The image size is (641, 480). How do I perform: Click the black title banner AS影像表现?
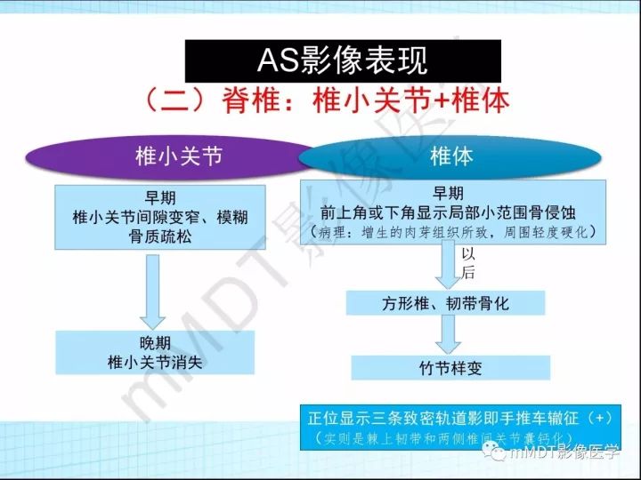click(x=343, y=60)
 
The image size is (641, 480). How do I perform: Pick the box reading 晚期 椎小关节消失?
click(x=155, y=352)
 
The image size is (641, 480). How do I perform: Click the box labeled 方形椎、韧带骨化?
click(x=446, y=303)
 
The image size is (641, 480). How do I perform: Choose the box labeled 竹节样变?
click(x=450, y=367)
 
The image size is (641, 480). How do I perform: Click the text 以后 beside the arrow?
click(x=468, y=264)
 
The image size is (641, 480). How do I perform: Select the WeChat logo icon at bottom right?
click(x=494, y=453)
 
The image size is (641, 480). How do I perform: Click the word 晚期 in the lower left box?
click(x=155, y=342)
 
